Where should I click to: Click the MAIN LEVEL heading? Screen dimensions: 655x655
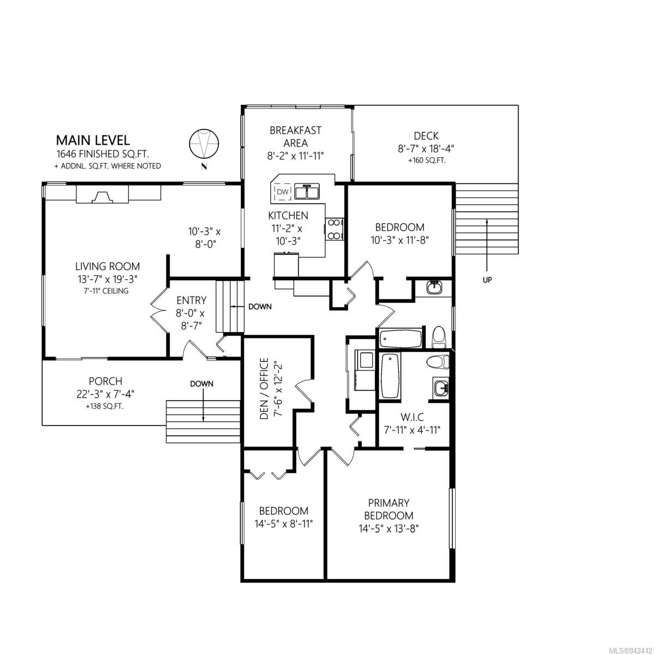click(93, 140)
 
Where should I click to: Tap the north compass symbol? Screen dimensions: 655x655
click(204, 144)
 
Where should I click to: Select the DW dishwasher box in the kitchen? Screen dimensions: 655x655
click(282, 192)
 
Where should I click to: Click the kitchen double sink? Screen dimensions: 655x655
click(307, 192)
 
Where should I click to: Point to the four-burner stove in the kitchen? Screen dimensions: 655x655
click(334, 229)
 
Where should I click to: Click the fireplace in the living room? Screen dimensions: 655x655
click(102, 194)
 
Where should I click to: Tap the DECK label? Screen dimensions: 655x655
click(426, 136)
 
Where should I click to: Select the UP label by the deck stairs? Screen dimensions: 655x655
click(487, 281)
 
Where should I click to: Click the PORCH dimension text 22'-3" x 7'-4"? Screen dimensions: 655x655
click(105, 394)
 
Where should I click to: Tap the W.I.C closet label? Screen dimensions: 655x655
click(412, 416)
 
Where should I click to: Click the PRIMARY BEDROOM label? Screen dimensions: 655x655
click(389, 509)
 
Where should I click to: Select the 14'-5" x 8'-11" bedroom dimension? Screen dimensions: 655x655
click(283, 524)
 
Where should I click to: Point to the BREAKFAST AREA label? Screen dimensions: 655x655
click(295, 136)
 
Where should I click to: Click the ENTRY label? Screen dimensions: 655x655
click(192, 300)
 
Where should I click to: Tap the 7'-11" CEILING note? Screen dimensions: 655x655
click(106, 291)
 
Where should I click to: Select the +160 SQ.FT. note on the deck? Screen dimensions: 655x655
click(427, 160)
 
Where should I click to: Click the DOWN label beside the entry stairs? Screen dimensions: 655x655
click(260, 307)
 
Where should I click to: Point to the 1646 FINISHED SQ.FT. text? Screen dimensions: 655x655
click(103, 154)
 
